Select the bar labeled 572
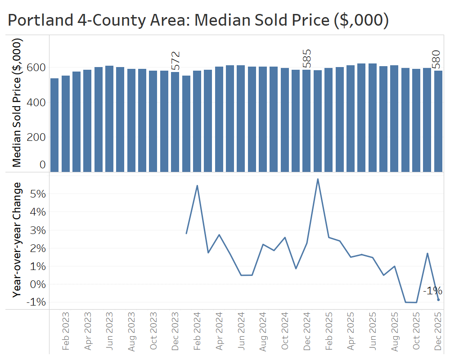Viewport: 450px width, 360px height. click(x=175, y=121)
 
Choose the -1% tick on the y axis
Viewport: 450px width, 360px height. click(x=36, y=302)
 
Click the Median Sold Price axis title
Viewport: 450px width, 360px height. click(x=17, y=103)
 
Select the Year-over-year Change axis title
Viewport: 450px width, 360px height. click(x=17, y=239)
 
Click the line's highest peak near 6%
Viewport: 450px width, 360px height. click(x=318, y=179)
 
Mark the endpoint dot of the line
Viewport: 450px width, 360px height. click(x=438, y=300)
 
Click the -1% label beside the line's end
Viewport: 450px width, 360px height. click(x=432, y=291)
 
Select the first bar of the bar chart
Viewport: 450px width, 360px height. click(x=54, y=125)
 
